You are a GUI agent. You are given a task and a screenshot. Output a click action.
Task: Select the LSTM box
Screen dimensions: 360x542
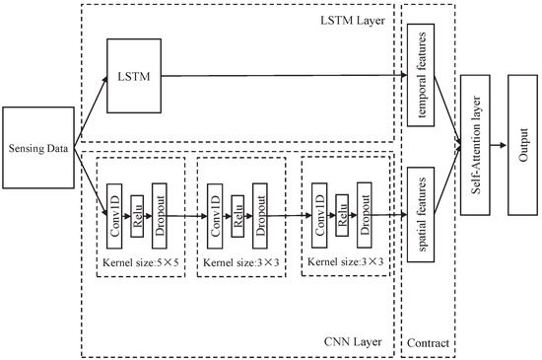click(132, 75)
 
